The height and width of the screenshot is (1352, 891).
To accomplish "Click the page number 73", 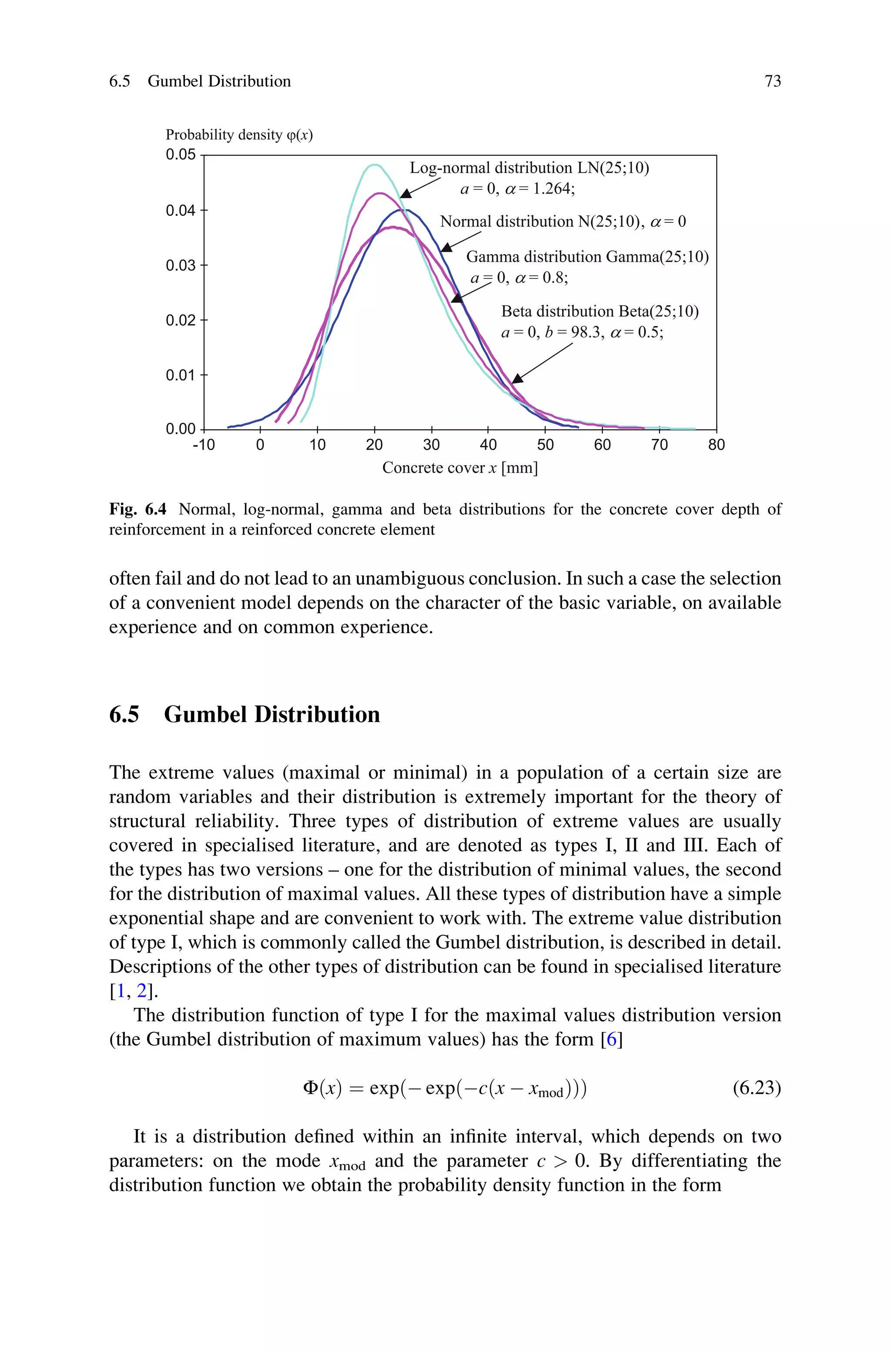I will [772, 81].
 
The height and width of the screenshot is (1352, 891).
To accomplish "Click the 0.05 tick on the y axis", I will [181, 155].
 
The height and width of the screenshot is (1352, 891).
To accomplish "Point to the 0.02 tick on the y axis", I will [181, 320].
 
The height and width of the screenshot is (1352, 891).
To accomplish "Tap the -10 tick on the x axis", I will [204, 445].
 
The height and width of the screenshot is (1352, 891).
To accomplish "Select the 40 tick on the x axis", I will [488, 445].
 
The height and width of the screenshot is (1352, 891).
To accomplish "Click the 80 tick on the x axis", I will [716, 445].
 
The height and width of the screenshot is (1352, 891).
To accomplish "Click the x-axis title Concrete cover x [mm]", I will [460, 468].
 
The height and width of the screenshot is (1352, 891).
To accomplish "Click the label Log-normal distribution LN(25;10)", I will [529, 168].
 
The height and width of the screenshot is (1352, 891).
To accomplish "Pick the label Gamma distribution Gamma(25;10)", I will [587, 257].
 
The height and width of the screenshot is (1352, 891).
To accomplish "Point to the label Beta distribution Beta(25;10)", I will [600, 312].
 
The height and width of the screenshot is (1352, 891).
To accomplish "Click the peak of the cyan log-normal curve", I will [374, 165].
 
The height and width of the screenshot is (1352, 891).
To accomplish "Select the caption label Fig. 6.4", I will [137, 509].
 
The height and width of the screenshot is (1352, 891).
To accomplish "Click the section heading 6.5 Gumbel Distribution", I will [245, 714].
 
